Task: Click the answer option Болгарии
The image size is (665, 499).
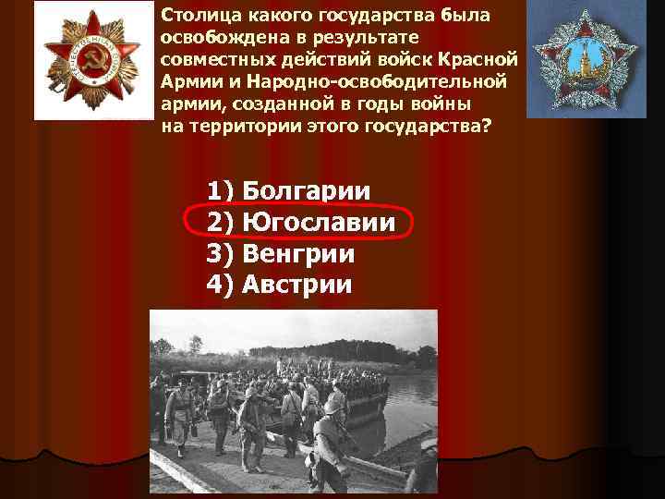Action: [306, 191]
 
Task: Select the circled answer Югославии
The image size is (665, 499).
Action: [319, 223]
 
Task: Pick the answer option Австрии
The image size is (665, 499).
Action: [296, 284]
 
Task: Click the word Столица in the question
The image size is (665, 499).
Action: [195, 17]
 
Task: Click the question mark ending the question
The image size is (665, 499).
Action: [487, 125]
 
